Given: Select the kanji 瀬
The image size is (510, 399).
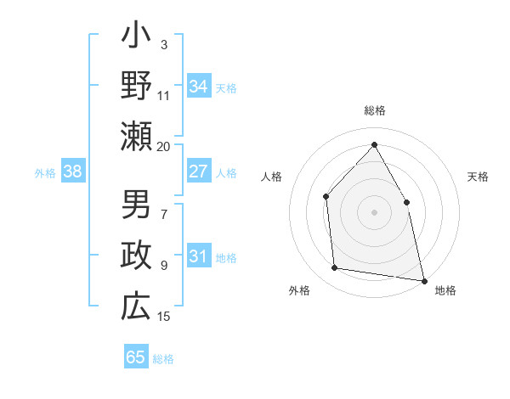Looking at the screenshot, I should click(x=136, y=135).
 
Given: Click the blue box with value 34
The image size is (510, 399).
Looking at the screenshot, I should click(x=198, y=86).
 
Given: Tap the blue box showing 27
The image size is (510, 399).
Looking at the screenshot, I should click(x=198, y=171).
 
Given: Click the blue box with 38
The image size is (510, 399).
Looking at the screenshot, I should click(x=73, y=171).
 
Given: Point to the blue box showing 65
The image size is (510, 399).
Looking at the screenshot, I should click(x=136, y=357).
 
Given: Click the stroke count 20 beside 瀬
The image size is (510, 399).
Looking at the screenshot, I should click(x=164, y=147).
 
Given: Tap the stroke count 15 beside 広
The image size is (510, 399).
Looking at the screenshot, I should click(x=164, y=317).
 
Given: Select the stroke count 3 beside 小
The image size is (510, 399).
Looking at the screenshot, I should click(x=164, y=44).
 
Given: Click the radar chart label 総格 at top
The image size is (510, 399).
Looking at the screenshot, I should click(x=374, y=110).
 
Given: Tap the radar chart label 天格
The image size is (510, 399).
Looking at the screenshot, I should click(x=479, y=177).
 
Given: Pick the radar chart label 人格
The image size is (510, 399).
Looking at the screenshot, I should click(x=271, y=177).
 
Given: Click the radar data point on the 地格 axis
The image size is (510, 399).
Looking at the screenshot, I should click(x=423, y=279).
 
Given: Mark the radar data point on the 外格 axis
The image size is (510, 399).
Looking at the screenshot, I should click(x=335, y=268).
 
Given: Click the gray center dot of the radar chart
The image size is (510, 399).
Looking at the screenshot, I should click(x=374, y=211).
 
